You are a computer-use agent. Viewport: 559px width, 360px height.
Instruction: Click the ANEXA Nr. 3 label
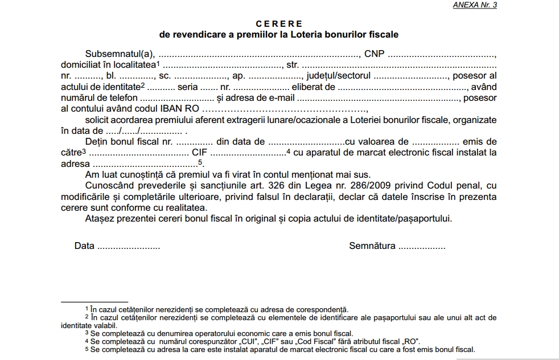(x=475, y=5)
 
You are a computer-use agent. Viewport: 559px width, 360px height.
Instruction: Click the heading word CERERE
(x=279, y=24)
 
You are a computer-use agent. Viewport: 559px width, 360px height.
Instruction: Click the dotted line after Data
(x=129, y=246)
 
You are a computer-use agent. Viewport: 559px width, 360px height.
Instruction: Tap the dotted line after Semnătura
(x=422, y=246)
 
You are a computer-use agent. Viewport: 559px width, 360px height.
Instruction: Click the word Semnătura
(x=372, y=246)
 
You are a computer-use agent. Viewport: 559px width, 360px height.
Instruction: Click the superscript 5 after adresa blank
(x=200, y=161)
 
